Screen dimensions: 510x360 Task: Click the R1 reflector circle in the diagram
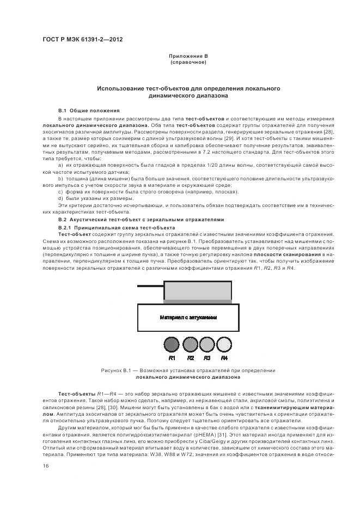point(172,344)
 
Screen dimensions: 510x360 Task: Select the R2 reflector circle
point(190,344)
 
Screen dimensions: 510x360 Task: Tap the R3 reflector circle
point(207,344)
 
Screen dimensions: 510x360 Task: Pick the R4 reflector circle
point(224,344)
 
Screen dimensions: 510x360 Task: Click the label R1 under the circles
point(172,358)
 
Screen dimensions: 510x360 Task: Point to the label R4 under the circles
point(224,358)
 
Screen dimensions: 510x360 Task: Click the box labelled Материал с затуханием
point(188,318)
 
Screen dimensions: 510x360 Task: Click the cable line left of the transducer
point(150,286)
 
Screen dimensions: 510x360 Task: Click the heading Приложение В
point(188,57)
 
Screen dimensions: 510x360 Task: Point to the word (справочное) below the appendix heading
point(188,63)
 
